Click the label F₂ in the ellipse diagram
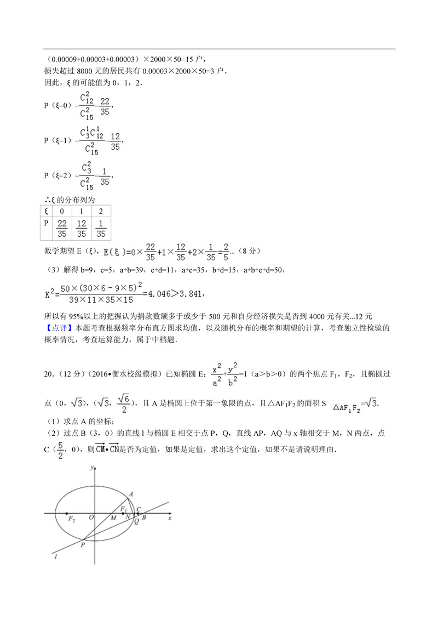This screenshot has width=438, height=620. (71, 520)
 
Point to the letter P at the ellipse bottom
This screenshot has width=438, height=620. (83, 544)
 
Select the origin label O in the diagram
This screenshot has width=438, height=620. (91, 517)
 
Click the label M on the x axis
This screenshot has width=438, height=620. (113, 517)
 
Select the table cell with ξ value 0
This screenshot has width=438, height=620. (62, 211)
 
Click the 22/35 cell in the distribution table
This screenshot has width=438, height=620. (62, 229)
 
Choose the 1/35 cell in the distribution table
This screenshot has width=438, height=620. (101, 229)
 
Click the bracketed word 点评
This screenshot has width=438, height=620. (57, 328)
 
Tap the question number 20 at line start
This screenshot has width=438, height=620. (48, 374)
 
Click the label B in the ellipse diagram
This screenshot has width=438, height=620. (143, 517)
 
